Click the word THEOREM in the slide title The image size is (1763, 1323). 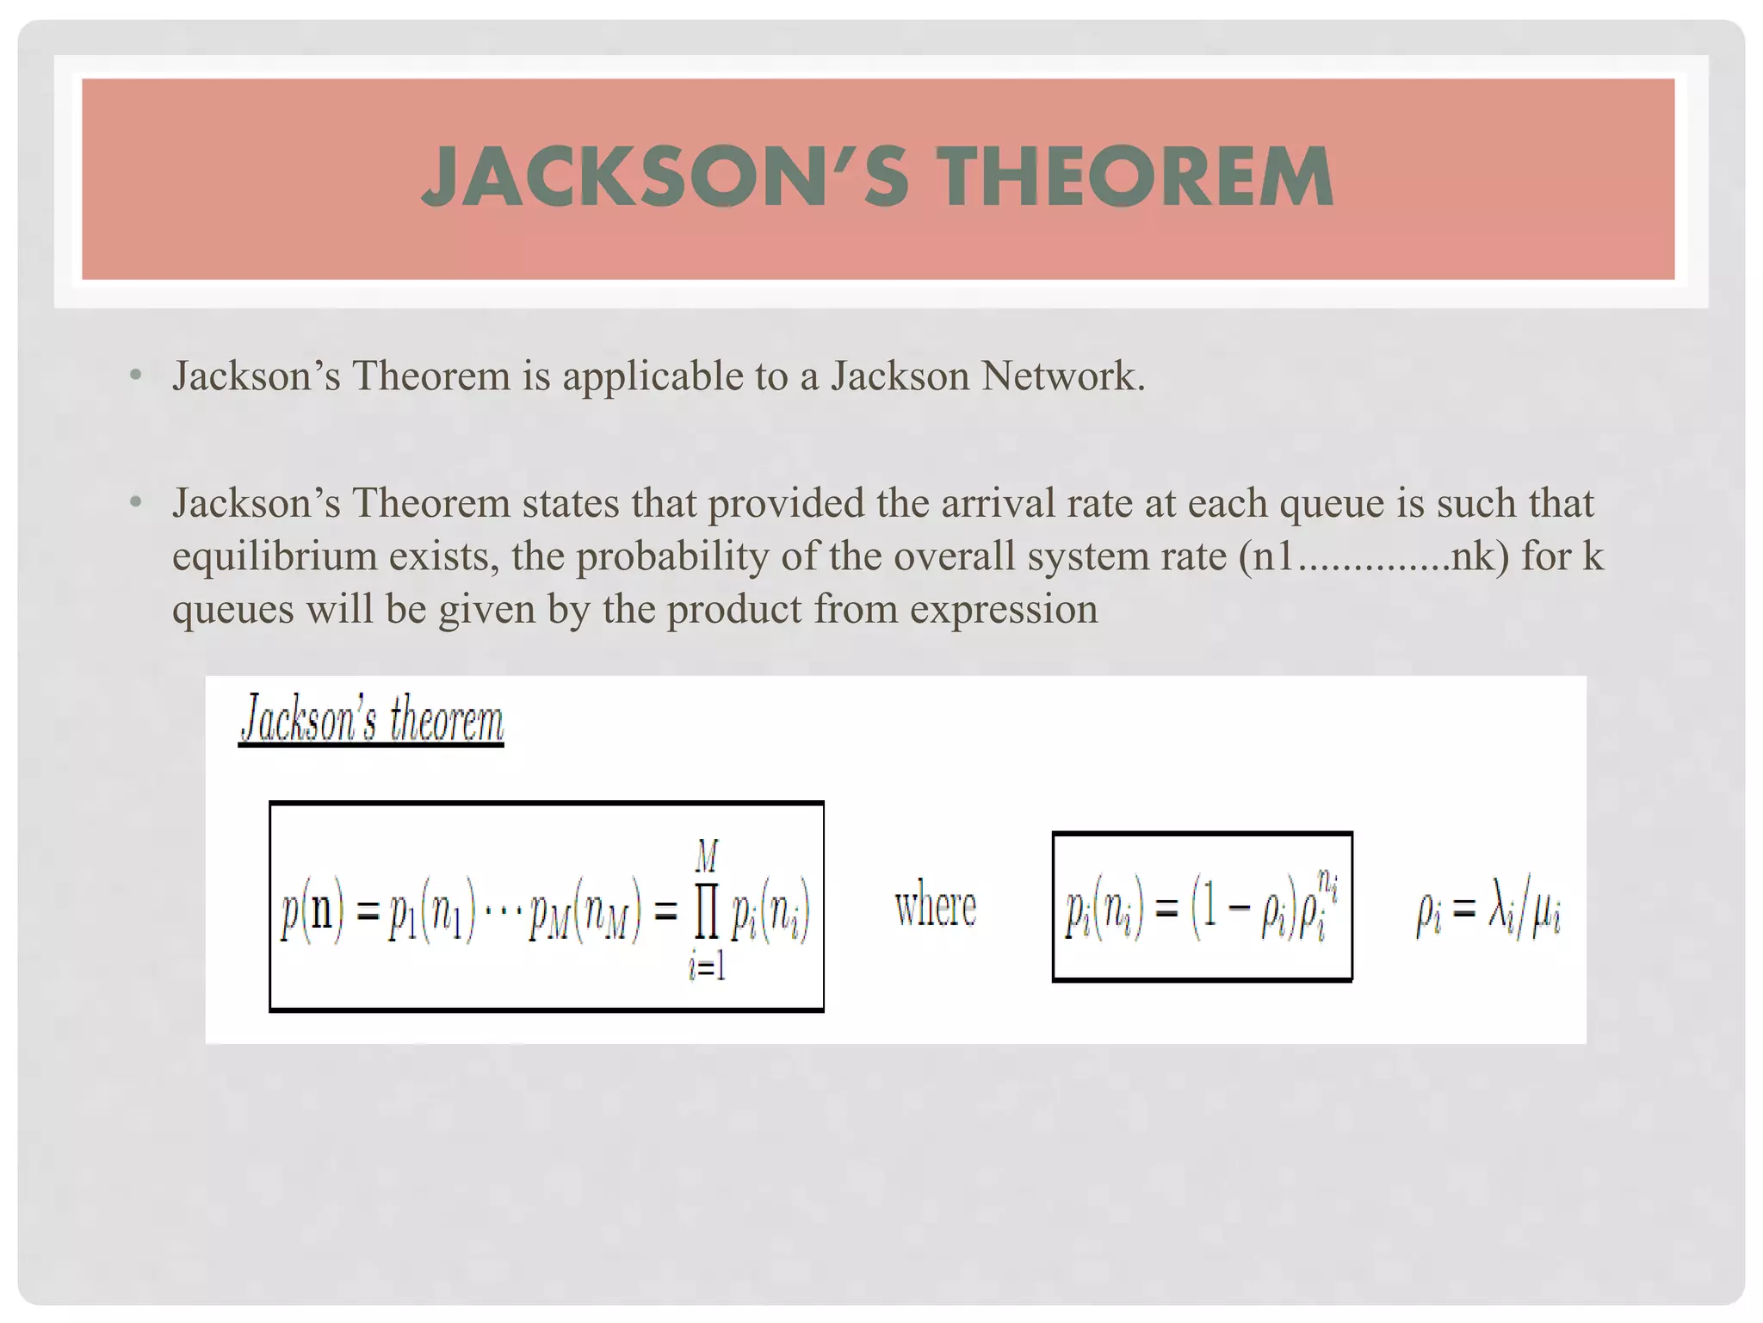pos(1135,177)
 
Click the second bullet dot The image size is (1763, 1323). pos(135,502)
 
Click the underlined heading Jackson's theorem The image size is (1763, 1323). pos(371,720)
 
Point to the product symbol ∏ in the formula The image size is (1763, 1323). pos(706,916)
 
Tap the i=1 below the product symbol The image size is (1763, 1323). pos(707,968)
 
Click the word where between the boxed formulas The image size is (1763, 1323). pos(936,908)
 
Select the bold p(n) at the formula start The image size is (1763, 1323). pos(312,912)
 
